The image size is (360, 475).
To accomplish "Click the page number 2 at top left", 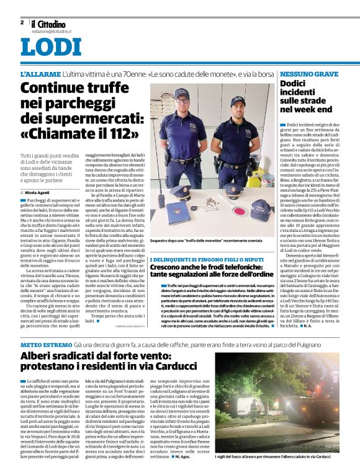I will pos(22,22).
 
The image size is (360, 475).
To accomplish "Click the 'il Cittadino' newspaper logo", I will pos(48,24).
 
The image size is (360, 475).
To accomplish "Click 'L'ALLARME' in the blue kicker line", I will pos(40,74).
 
